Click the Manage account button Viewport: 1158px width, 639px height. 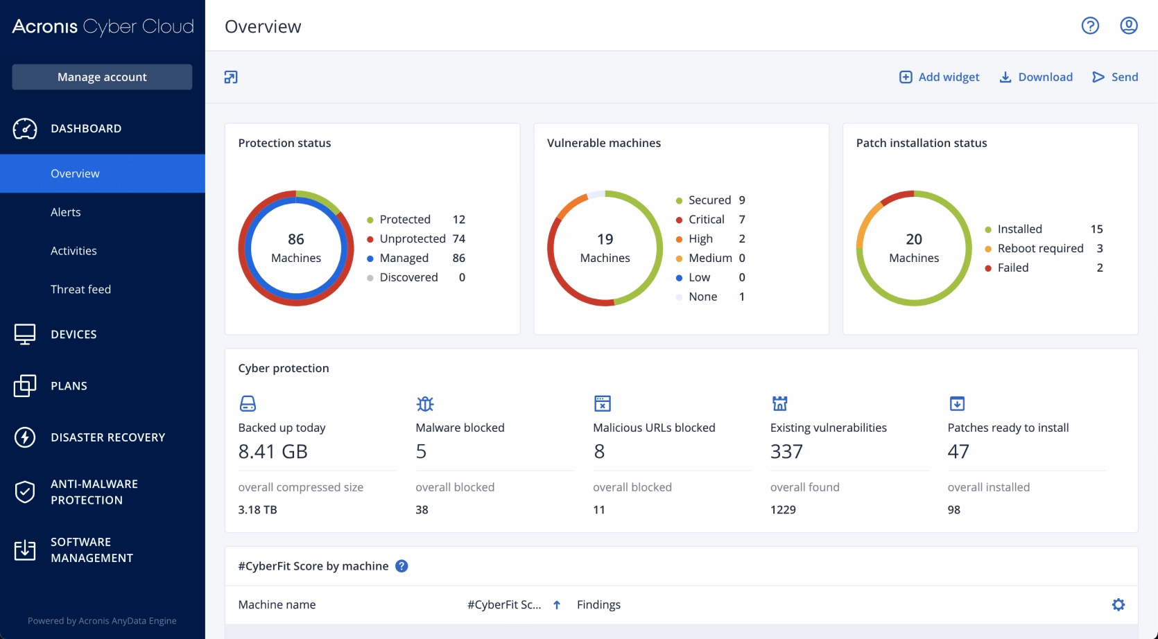(102, 77)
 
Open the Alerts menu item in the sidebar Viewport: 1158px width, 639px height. (66, 212)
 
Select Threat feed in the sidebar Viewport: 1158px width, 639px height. (80, 289)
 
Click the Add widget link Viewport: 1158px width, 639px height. (940, 77)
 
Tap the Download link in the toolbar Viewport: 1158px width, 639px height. (1036, 77)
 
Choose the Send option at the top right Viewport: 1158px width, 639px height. (1115, 77)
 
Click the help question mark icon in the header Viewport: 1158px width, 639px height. (1090, 26)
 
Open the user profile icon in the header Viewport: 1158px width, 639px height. (1129, 26)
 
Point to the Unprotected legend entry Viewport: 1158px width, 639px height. (412, 238)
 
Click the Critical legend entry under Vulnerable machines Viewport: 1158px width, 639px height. (706, 219)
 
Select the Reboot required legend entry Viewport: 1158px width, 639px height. (1040, 248)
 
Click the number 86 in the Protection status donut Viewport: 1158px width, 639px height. (296, 239)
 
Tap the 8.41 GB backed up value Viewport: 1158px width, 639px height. (273, 451)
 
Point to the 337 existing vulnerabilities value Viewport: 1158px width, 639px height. (786, 451)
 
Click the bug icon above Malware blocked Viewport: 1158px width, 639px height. (425, 403)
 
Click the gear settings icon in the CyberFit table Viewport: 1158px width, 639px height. (1118, 604)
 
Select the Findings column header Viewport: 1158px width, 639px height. (598, 604)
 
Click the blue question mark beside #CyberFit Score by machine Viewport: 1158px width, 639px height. (401, 566)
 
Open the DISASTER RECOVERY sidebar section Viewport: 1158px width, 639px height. (107, 437)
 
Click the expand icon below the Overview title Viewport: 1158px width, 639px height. (231, 77)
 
